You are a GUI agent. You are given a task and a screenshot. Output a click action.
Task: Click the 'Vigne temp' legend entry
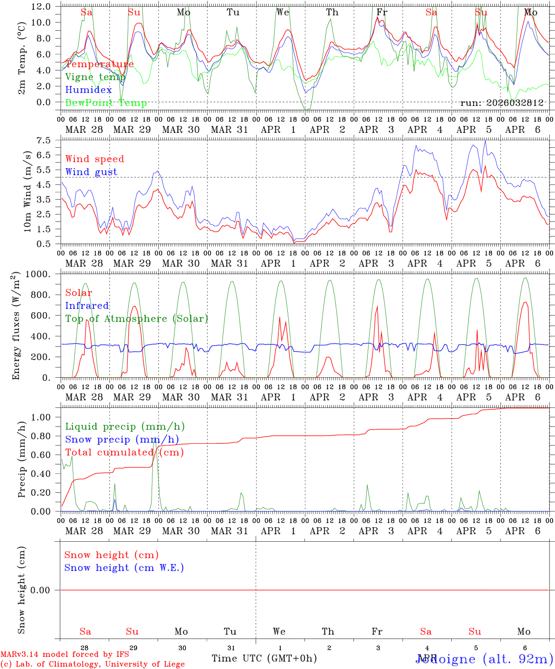click(x=95, y=77)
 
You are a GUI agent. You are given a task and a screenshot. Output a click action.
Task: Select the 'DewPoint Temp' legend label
click(x=106, y=103)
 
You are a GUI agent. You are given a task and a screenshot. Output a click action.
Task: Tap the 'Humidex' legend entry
click(x=88, y=90)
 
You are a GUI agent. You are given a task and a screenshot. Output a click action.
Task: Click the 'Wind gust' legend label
click(x=91, y=172)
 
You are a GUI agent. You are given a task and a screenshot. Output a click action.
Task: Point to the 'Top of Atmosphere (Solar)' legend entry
click(x=137, y=319)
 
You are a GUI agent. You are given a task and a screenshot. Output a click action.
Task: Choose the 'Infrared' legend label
click(x=87, y=306)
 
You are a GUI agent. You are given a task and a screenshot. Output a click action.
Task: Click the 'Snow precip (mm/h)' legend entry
click(x=122, y=439)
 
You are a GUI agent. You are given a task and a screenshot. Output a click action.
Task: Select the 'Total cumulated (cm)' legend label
click(x=124, y=452)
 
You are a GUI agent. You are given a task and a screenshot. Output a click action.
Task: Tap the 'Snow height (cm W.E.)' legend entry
click(x=124, y=568)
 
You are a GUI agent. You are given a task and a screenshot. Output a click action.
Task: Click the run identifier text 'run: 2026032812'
click(x=502, y=103)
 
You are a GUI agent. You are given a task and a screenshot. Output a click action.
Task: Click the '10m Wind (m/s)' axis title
click(x=28, y=191)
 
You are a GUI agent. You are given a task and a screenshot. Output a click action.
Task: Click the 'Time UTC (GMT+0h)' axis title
click(x=264, y=658)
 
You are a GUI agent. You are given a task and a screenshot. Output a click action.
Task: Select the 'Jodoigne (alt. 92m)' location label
click(x=483, y=659)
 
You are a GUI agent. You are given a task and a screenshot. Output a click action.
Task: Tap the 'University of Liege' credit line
click(x=92, y=664)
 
